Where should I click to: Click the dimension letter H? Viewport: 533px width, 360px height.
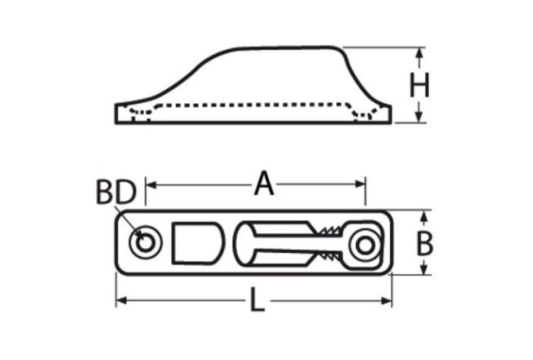pyautogui.click(x=419, y=87)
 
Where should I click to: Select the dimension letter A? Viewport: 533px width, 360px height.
pyautogui.click(x=262, y=185)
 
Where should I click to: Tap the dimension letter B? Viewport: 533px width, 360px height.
pyautogui.click(x=426, y=244)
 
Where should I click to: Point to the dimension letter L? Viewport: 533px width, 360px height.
pyautogui.click(x=257, y=302)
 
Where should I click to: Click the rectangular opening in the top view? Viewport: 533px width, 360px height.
pyautogui.click(x=197, y=243)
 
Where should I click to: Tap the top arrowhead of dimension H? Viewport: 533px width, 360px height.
pyautogui.click(x=419, y=53)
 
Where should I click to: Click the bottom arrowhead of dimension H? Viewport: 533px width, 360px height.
pyautogui.click(x=419, y=118)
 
